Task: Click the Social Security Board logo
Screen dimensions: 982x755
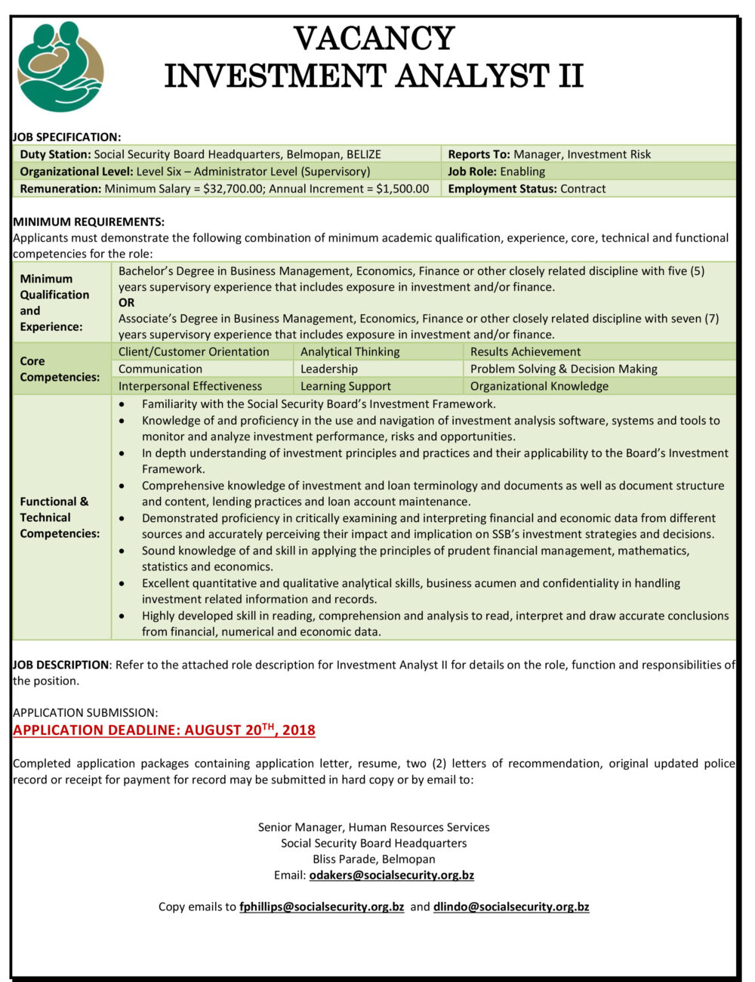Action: [x=60, y=66]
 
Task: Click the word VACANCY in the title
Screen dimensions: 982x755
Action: [x=374, y=39]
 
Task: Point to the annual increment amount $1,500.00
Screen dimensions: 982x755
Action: [x=402, y=189]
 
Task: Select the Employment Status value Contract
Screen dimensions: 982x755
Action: [x=583, y=189]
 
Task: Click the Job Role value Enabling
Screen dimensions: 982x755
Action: [x=522, y=171]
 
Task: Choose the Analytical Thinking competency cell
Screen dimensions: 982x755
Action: [x=350, y=352]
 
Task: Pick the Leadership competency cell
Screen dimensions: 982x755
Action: [x=329, y=369]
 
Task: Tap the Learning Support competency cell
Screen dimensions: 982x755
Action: [x=346, y=387]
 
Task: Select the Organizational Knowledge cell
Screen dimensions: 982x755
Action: [x=539, y=387]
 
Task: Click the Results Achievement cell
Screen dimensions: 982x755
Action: [x=525, y=352]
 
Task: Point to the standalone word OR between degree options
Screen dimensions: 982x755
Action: [x=126, y=303]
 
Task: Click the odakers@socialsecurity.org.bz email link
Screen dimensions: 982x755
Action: [x=392, y=875]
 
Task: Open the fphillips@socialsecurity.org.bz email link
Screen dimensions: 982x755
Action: [x=322, y=907]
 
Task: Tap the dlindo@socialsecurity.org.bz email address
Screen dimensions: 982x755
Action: [x=511, y=907]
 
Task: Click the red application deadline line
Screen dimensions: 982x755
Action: [x=164, y=730]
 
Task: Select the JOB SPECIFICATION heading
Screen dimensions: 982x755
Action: [x=66, y=137]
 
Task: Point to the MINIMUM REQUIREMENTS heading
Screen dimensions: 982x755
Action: [x=88, y=222]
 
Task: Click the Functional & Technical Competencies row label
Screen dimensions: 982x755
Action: [x=60, y=517]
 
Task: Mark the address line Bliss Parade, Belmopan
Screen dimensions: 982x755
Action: [x=374, y=860]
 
